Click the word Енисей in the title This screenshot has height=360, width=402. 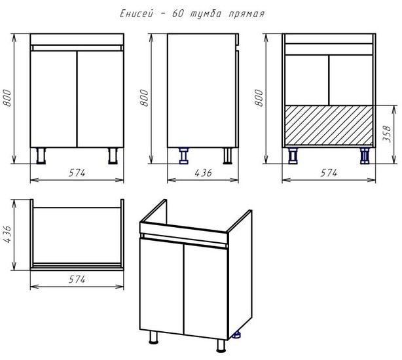point(136,14)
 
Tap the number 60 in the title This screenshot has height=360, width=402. point(177,14)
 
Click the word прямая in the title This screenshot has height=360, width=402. point(246,14)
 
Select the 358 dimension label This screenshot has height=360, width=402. point(387,134)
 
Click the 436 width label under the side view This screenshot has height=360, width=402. point(204,173)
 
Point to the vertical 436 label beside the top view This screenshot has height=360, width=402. point(7,234)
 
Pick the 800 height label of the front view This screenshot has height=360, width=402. point(7,98)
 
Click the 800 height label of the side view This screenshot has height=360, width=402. point(145,98)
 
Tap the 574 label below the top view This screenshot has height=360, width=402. point(77,279)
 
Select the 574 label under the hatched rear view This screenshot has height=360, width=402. point(329,173)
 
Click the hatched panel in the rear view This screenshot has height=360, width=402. point(329,125)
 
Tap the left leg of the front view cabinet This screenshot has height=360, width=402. point(41,156)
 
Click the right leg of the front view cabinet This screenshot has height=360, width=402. point(113,156)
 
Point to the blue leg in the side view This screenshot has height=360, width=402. point(183,156)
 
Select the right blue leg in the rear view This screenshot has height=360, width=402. point(365,156)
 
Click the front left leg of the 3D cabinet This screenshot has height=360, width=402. point(154,337)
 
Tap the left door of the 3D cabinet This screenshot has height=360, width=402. point(162,285)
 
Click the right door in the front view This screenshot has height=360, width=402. point(101,99)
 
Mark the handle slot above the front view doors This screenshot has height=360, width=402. point(77,48)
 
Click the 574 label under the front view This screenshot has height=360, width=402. point(77,173)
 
